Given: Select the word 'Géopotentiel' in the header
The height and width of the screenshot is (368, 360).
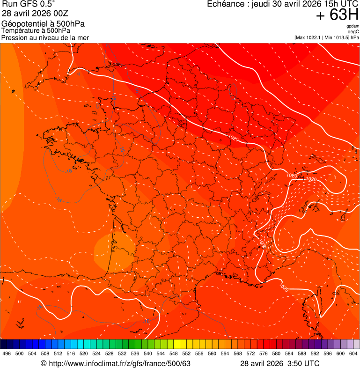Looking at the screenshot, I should (22, 24).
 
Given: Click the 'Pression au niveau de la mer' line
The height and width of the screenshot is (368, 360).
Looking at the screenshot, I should (45, 37).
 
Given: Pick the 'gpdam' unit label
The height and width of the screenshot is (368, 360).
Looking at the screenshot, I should (353, 26).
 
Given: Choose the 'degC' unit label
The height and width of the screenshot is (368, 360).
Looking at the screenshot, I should (354, 32).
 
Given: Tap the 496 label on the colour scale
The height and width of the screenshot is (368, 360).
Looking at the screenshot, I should (7, 354).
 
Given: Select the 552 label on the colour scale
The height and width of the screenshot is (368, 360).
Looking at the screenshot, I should (186, 354).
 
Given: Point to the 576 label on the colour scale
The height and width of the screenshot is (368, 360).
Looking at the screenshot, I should (264, 354).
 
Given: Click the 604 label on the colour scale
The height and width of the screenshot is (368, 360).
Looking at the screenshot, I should (353, 354).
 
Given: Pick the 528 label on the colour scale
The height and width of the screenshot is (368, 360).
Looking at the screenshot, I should (110, 354).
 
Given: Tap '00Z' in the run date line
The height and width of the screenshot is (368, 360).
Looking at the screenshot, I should (61, 13).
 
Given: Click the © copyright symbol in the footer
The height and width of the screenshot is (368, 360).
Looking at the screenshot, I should (44, 364).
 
